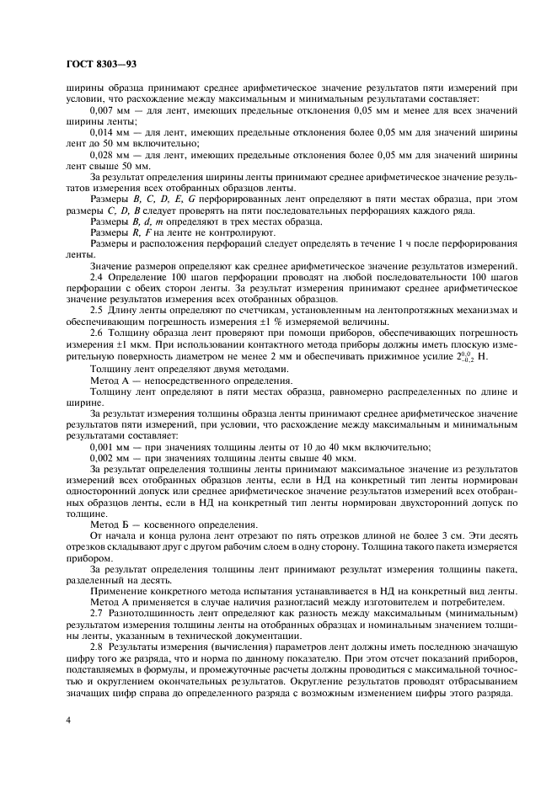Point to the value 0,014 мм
point(110,133)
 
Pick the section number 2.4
point(96,277)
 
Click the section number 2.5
point(96,310)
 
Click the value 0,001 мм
point(110,447)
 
